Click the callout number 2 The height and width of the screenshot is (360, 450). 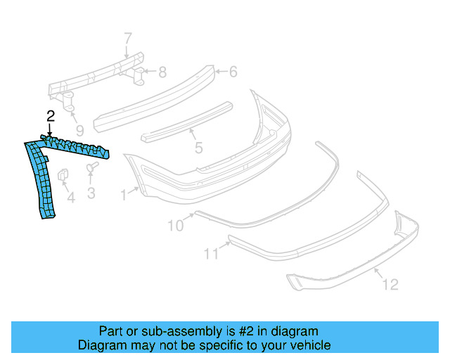point(50,116)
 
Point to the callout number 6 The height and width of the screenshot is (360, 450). point(233,71)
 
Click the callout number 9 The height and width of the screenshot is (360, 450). point(79,129)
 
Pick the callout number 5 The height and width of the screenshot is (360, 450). point(199,148)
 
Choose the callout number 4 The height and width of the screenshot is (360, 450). point(70,199)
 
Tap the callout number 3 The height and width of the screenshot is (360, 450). point(91,192)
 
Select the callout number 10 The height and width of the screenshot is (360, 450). point(175,225)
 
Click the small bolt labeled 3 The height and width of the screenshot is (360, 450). point(92,168)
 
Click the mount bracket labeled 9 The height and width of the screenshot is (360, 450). point(71,102)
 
